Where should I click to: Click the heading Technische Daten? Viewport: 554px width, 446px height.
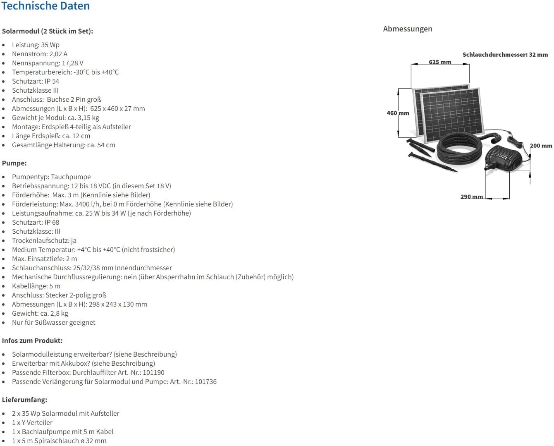point(45,6)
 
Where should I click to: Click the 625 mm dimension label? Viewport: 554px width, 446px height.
point(440,62)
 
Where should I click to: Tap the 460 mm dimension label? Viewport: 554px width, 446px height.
point(398,113)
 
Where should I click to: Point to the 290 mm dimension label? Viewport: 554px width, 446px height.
point(471,197)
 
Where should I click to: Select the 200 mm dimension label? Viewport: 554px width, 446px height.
point(541,146)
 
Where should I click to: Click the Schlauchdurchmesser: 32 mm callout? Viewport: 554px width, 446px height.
point(505,55)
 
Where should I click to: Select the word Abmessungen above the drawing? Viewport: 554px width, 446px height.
point(407,29)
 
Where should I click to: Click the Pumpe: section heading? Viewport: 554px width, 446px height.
point(14,163)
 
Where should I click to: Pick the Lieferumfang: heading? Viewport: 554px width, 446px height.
point(24,400)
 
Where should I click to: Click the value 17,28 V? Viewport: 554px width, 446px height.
point(72,63)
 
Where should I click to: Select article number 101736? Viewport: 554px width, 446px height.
point(205,381)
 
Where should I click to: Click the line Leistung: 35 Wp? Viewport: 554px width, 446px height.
point(36,45)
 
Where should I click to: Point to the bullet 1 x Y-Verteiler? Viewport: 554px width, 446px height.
point(32,422)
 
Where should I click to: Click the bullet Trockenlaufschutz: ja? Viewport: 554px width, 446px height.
point(44,240)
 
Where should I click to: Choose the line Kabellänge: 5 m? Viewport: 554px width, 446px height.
point(36,286)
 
